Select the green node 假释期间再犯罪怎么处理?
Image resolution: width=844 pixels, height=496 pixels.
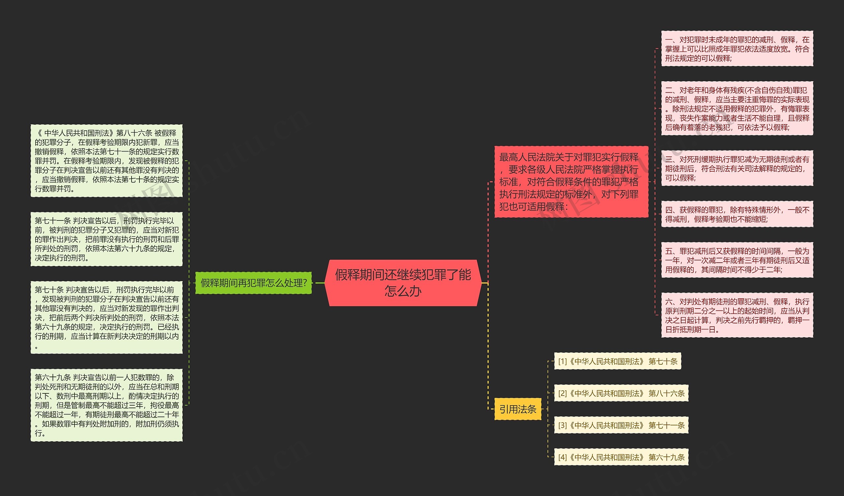point(253,283)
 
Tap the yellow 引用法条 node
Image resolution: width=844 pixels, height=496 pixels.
point(518,409)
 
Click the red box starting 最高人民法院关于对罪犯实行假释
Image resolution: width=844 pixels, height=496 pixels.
point(571,182)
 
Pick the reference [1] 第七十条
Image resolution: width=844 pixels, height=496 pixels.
point(617,361)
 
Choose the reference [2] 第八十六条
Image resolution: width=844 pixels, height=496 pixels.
point(621,393)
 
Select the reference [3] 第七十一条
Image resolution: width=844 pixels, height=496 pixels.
point(621,425)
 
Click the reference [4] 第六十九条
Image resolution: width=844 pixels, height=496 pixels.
point(621,457)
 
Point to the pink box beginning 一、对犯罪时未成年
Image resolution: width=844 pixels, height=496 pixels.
point(737,49)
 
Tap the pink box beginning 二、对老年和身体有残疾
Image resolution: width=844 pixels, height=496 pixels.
point(737,109)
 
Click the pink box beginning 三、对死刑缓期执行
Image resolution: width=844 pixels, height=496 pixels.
point(737,168)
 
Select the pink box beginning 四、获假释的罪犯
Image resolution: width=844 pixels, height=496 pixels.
point(737,215)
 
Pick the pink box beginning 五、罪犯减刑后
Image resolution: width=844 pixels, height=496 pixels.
point(737,260)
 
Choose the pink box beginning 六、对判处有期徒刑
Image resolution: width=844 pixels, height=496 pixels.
point(737,315)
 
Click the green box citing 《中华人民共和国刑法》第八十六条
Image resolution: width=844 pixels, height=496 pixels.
point(106,161)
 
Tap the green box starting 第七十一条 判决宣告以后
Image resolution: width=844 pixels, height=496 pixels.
point(106,239)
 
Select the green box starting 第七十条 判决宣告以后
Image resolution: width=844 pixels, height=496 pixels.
point(106,317)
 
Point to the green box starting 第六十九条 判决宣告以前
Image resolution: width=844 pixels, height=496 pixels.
point(106,405)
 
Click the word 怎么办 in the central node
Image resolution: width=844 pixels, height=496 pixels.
point(403,291)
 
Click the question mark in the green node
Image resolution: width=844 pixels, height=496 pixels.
point(305,283)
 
